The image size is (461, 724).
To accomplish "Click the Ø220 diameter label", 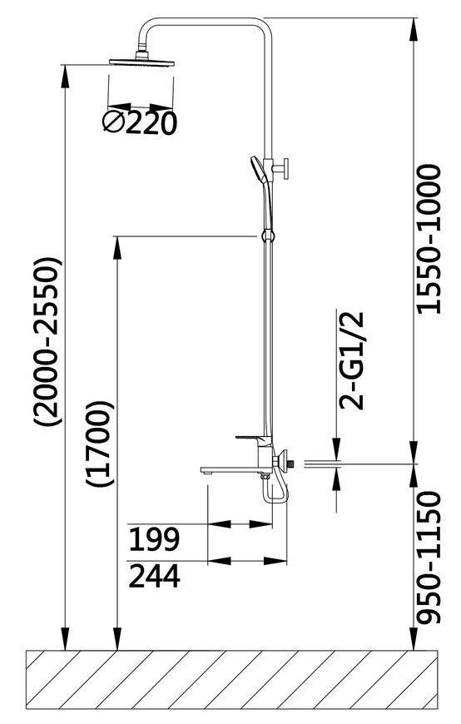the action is (x=140, y=123).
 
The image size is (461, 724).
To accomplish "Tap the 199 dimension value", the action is (x=153, y=539).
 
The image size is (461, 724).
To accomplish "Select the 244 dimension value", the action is (x=154, y=576).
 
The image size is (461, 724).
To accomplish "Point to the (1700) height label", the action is (x=99, y=444).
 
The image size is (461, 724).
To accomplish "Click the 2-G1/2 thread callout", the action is (x=352, y=361).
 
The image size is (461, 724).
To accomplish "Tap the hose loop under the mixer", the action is (x=275, y=489).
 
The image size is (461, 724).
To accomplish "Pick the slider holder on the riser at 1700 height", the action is (x=267, y=236).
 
